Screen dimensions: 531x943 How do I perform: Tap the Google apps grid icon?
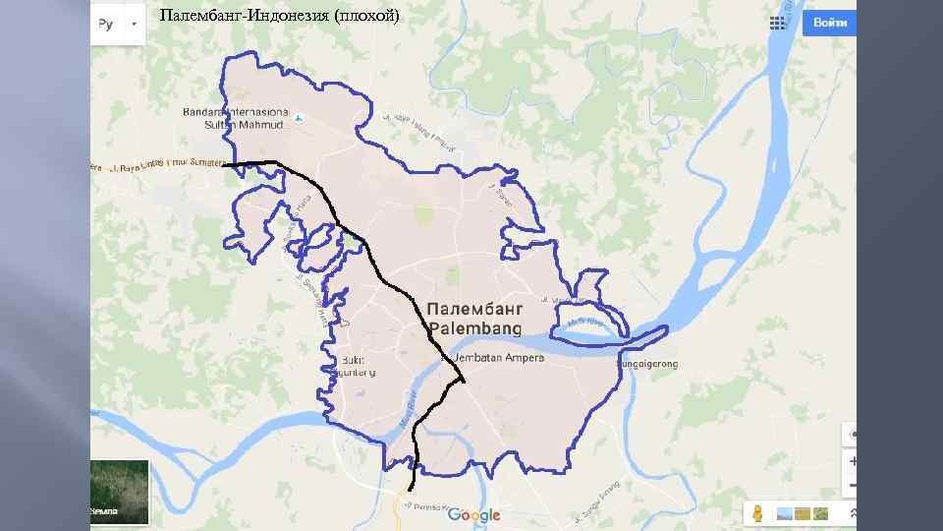click(782, 23)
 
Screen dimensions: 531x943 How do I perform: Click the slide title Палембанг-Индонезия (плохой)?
click(279, 17)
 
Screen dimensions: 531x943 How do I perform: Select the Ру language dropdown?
click(117, 24)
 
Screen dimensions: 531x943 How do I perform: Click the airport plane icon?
click(299, 120)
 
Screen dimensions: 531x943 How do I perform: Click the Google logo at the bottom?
click(473, 514)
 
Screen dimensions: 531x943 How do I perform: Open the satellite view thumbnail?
click(119, 492)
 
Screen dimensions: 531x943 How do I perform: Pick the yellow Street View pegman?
click(758, 513)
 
